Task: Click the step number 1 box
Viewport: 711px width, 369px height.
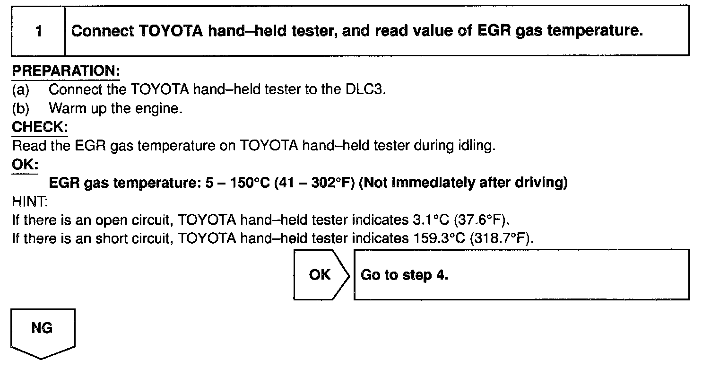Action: pyautogui.click(x=38, y=32)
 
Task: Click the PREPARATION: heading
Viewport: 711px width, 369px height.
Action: pyautogui.click(x=66, y=71)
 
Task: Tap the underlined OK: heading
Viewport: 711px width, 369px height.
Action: pyautogui.click(x=25, y=165)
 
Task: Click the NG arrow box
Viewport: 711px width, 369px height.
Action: pyautogui.click(x=43, y=331)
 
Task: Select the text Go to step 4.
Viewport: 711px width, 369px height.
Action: pyautogui.click(x=404, y=275)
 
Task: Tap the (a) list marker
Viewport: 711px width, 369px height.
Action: pyautogui.click(x=21, y=89)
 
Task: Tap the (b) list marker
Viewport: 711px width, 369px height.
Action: pyautogui.click(x=21, y=108)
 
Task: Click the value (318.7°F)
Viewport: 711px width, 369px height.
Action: pyautogui.click(x=502, y=238)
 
